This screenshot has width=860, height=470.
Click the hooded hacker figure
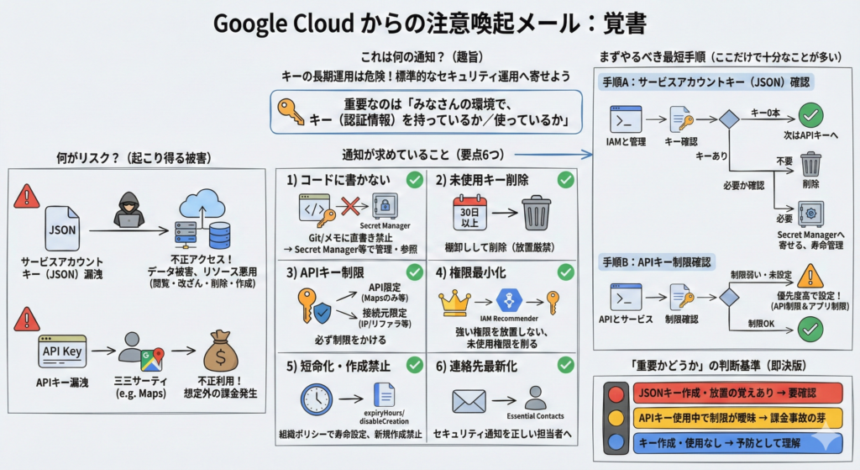(129, 210)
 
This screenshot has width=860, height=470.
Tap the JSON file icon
(61, 227)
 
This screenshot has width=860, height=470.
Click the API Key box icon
(61, 352)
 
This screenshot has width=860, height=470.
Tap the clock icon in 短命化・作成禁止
(317, 400)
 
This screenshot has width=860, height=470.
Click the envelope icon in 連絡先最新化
(469, 401)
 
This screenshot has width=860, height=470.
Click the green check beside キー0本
(810, 115)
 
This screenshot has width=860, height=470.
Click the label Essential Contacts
(534, 416)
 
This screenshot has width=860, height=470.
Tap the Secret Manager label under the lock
(385, 225)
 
